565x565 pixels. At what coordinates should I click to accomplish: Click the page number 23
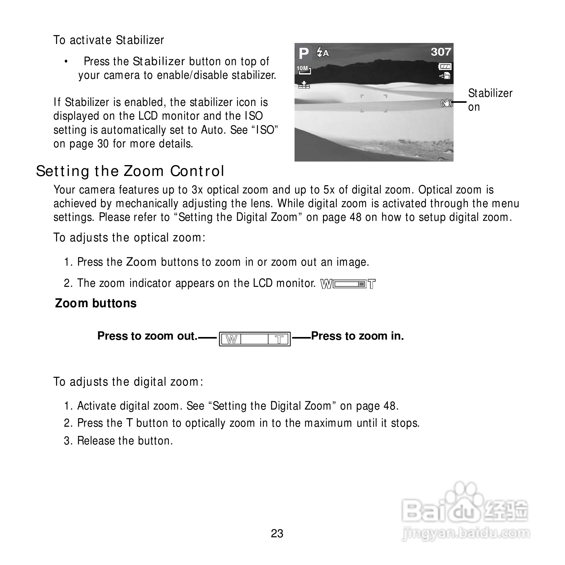click(x=277, y=534)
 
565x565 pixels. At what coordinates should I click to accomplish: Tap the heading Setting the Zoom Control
click(x=130, y=171)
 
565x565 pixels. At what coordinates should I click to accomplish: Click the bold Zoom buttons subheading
click(x=96, y=303)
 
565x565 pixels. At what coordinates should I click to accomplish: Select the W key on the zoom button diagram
click(x=231, y=339)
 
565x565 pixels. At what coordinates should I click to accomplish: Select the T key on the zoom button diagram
click(x=279, y=339)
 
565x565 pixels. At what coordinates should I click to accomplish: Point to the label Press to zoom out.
click(x=147, y=336)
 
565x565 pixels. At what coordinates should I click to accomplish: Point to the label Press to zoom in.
click(x=357, y=336)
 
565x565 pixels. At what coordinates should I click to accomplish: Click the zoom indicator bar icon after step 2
click(x=348, y=284)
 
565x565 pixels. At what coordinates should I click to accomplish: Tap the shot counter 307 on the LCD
click(x=441, y=52)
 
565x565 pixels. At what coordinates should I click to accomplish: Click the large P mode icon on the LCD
click(x=303, y=54)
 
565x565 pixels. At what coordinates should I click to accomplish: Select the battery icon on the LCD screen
click(x=445, y=66)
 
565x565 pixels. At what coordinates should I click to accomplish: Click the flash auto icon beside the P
click(x=322, y=53)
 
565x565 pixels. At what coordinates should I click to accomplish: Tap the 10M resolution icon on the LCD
click(x=303, y=70)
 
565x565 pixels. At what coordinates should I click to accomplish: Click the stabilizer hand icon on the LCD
click(x=447, y=102)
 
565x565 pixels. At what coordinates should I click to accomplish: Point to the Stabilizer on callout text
click(x=490, y=100)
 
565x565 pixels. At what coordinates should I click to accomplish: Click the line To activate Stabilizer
click(x=109, y=40)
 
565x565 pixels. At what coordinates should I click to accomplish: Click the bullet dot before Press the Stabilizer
click(x=66, y=62)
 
